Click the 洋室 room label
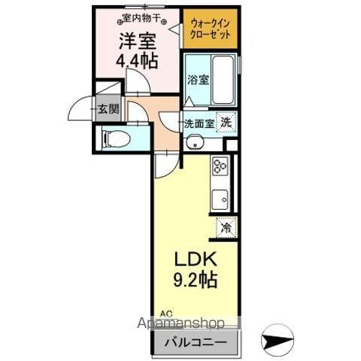point(136,41)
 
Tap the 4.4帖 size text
point(136,62)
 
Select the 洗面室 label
point(199,124)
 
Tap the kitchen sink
point(220,199)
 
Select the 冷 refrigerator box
point(225,226)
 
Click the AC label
point(165,314)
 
